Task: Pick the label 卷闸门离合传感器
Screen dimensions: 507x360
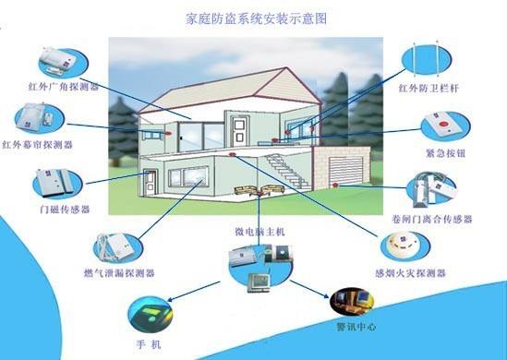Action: pyautogui.click(x=433, y=220)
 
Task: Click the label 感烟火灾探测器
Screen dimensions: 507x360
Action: pyautogui.click(x=411, y=274)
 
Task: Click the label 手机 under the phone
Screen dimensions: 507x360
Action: pyautogui.click(x=148, y=342)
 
